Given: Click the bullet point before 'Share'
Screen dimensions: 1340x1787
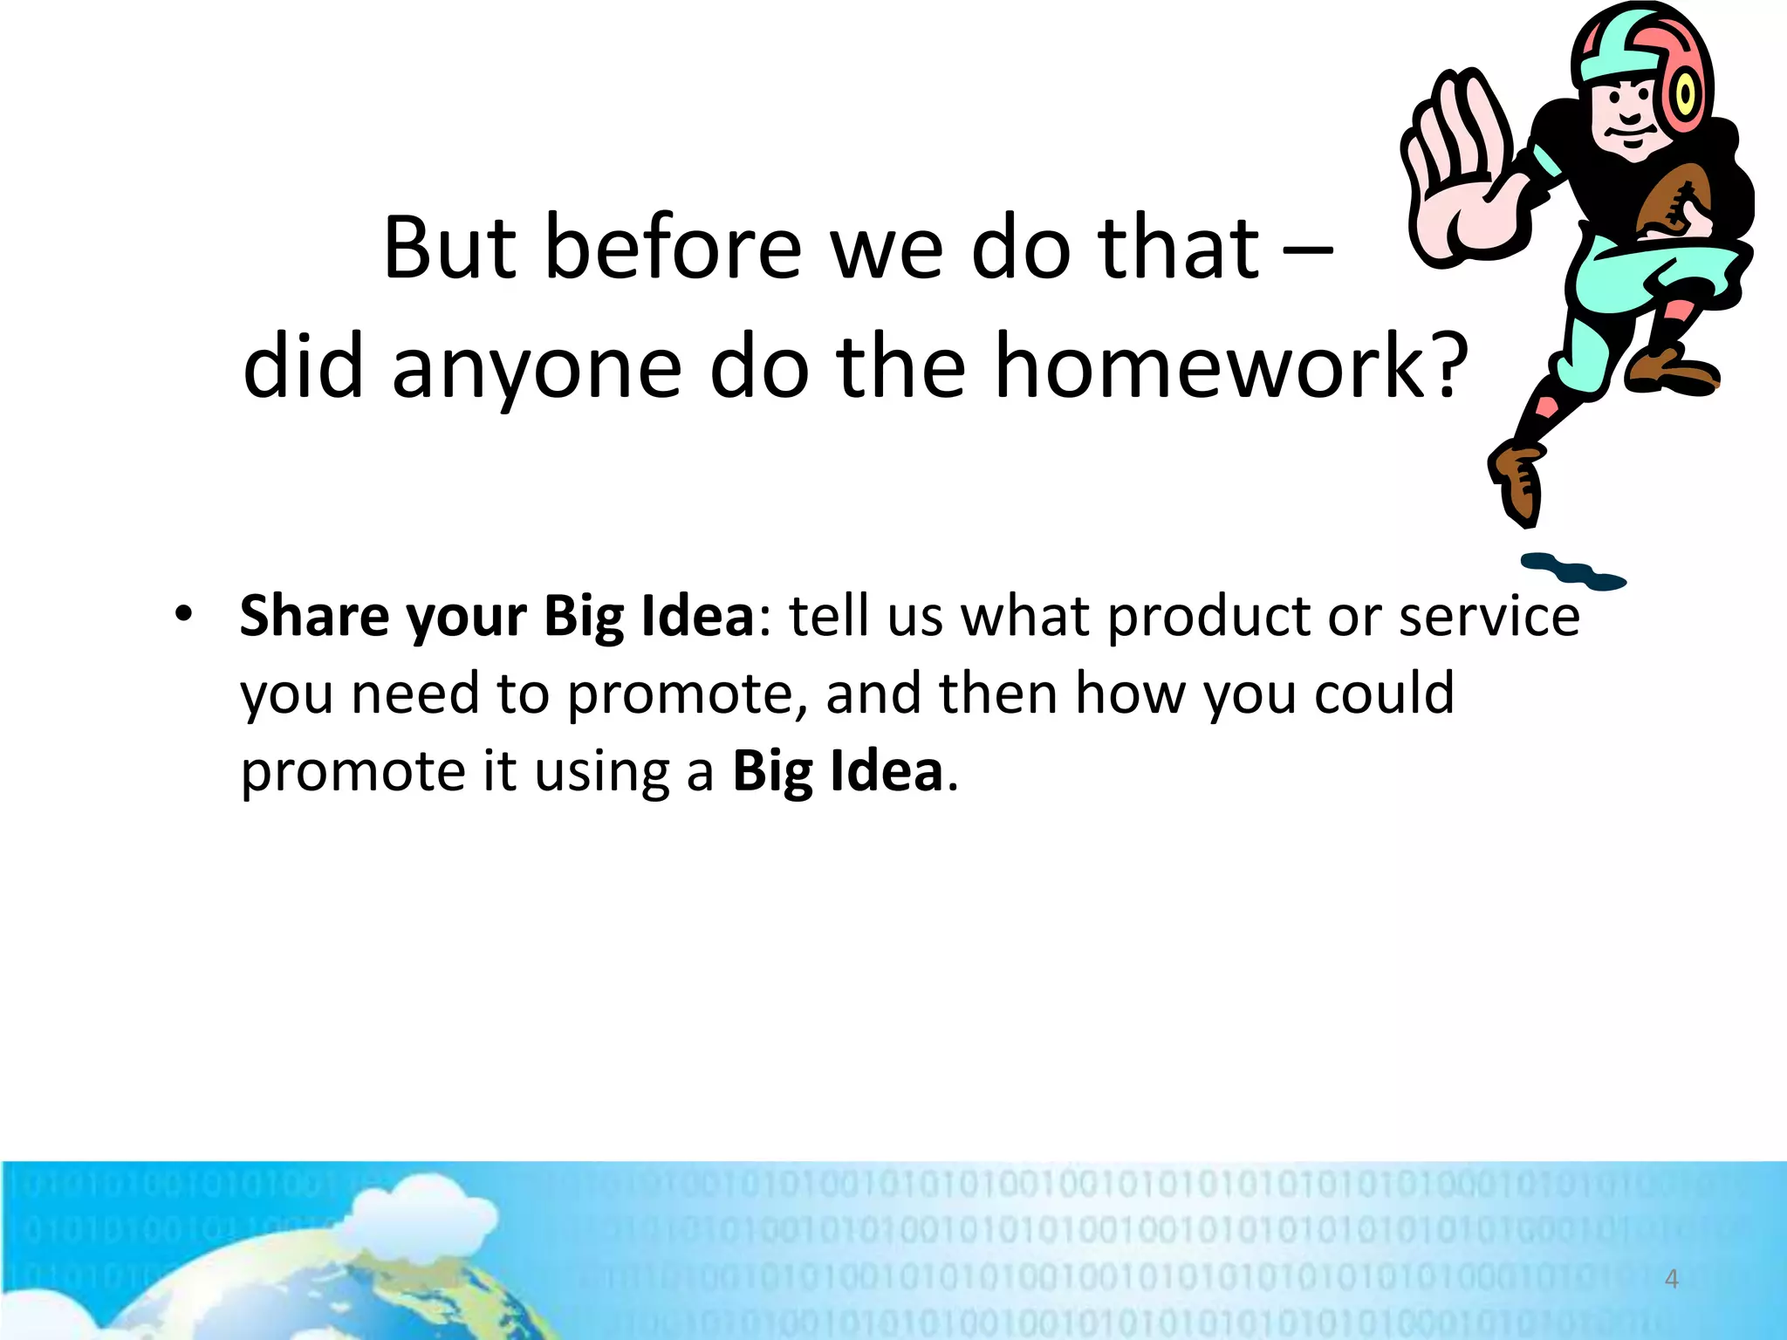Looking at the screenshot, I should click(181, 616).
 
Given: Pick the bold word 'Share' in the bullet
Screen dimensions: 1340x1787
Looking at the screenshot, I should click(314, 616).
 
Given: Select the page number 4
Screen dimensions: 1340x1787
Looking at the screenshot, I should click(1671, 1279).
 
